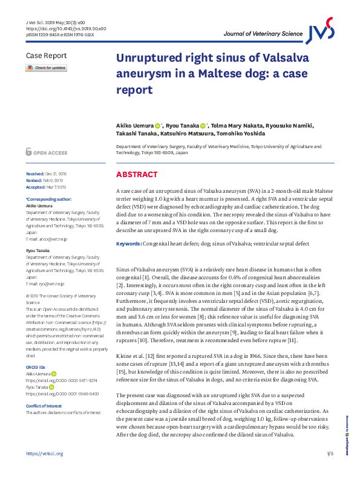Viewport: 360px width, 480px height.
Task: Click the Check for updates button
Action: tap(46, 68)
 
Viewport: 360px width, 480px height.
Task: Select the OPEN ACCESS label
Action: tap(50, 154)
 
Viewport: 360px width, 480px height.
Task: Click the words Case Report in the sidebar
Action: tap(45, 56)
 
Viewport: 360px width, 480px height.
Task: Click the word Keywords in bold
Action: tap(129, 243)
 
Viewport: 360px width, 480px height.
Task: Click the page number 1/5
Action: tap(330, 470)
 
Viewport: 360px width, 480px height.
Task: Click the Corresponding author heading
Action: tap(48, 199)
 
